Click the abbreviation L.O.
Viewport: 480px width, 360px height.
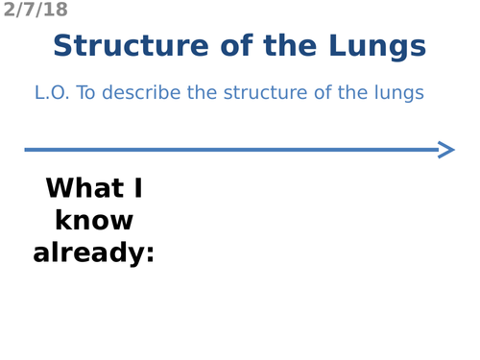pos(51,93)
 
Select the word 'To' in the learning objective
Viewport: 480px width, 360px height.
pos(86,93)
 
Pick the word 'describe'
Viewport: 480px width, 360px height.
pos(144,93)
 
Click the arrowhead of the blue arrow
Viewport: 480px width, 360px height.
pos(445,149)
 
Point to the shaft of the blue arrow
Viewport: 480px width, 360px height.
pos(230,149)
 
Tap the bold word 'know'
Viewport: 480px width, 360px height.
pos(94,221)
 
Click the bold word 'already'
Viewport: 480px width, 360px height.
pos(87,253)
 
